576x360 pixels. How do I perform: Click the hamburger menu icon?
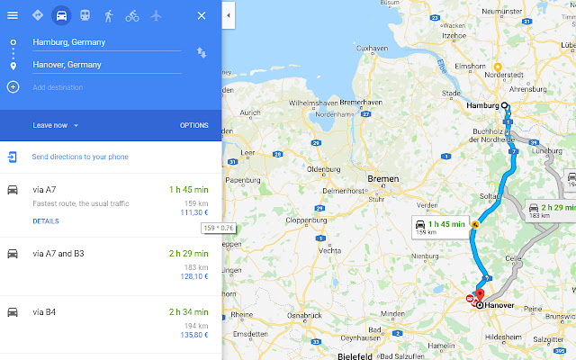click(x=13, y=15)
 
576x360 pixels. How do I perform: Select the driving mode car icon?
click(x=61, y=15)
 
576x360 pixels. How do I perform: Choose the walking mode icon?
click(x=109, y=15)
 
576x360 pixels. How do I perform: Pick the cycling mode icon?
click(x=132, y=15)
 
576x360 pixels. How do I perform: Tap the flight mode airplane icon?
click(x=157, y=15)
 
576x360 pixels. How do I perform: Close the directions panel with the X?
click(x=201, y=15)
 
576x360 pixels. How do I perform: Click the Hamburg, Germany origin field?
click(x=106, y=42)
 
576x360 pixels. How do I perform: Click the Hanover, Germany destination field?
click(x=106, y=65)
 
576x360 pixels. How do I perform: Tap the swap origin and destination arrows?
click(x=201, y=53)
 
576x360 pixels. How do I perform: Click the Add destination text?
click(x=58, y=87)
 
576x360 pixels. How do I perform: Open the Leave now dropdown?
click(x=56, y=125)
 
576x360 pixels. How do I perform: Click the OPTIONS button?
click(x=193, y=125)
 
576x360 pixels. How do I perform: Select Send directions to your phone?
click(x=79, y=157)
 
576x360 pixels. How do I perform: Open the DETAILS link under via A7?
click(x=46, y=220)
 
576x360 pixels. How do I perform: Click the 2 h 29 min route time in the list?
click(x=188, y=254)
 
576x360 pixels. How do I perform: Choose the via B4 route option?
click(x=45, y=311)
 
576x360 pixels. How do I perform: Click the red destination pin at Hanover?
click(x=479, y=294)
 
